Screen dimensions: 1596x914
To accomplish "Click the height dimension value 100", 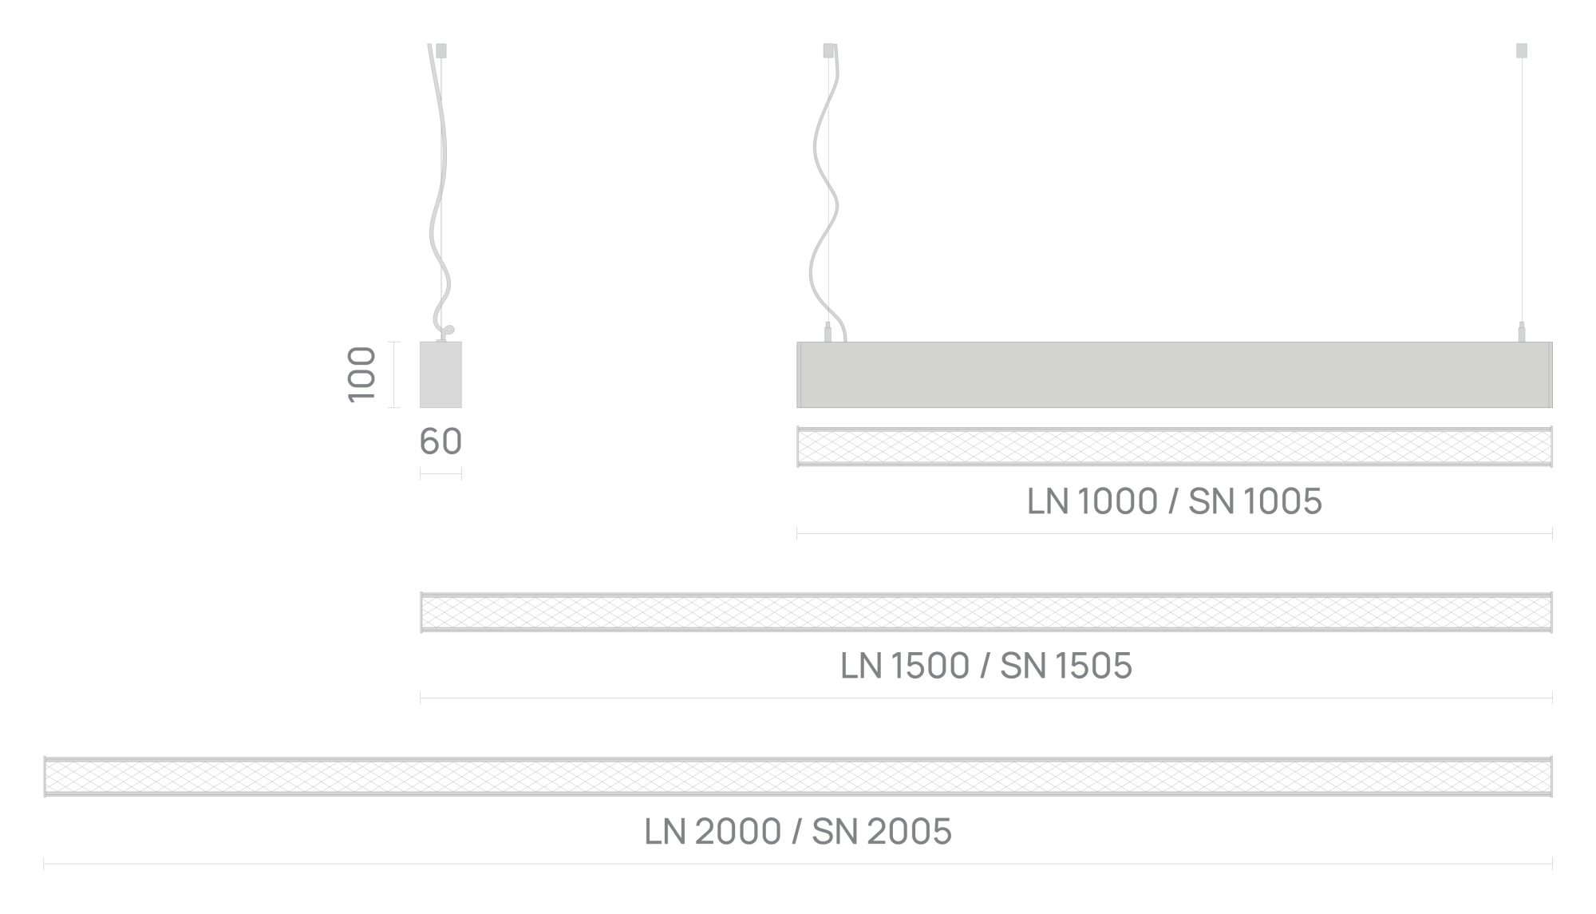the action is pyautogui.click(x=361, y=374).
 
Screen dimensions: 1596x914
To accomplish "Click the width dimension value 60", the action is pyautogui.click(x=440, y=441).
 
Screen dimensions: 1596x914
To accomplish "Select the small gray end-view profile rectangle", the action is pyautogui.click(x=440, y=374).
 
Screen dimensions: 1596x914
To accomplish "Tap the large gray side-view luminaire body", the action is pyautogui.click(x=1175, y=374).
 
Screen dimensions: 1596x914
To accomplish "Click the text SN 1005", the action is pyautogui.click(x=1255, y=501).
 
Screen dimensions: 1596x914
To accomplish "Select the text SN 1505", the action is pyautogui.click(x=1066, y=666).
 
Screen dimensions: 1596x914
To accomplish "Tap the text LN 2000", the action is pyautogui.click(x=713, y=832).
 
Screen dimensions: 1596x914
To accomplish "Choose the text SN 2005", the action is pyautogui.click(x=882, y=832).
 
